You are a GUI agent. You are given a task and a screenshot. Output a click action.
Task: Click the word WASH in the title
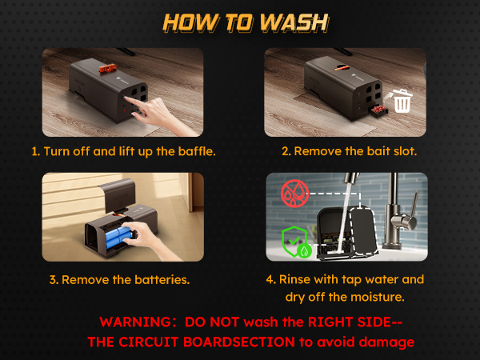click(x=294, y=22)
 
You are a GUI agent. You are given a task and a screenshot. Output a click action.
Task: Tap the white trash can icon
click(x=402, y=101)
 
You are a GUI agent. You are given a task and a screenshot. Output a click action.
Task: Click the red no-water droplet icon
click(x=294, y=193)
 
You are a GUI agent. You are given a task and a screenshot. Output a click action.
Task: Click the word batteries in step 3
click(x=162, y=280)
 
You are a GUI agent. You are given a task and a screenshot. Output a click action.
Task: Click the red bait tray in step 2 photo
click(x=379, y=110)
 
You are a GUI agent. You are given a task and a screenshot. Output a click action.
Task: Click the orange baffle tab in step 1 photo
click(x=108, y=68)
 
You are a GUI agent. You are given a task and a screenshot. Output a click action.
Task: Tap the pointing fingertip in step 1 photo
click(x=126, y=98)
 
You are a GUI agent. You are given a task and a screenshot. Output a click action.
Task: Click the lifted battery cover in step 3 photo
click(x=117, y=195)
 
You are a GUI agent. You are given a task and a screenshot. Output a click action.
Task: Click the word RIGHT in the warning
click(x=330, y=322)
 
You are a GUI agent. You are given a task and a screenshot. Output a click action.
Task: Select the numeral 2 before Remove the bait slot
click(x=286, y=151)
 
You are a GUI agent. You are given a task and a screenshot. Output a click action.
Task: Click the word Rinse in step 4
click(x=295, y=279)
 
